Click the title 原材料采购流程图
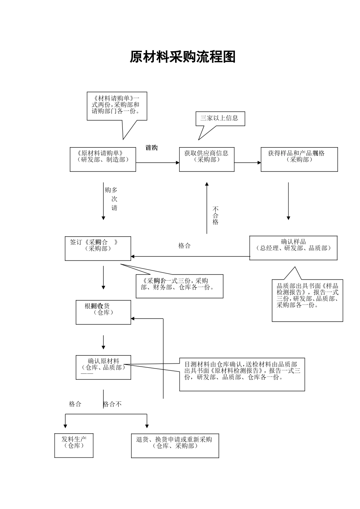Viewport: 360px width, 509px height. click(x=183, y=57)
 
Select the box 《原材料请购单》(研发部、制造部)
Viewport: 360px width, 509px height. click(x=103, y=159)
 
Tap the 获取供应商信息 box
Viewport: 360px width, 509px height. click(x=207, y=159)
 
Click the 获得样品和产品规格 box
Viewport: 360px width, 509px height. click(x=299, y=159)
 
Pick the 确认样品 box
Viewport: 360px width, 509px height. click(x=293, y=248)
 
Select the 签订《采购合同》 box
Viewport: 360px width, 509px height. click(x=98, y=248)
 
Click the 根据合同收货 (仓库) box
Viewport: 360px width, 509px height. click(x=103, y=312)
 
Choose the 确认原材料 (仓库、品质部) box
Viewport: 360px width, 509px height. click(x=103, y=367)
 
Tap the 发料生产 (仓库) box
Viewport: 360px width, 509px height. click(x=74, y=445)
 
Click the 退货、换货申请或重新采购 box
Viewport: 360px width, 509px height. click(x=175, y=445)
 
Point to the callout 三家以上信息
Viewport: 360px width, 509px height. click(x=220, y=119)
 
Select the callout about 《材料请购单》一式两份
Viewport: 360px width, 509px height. click(x=117, y=106)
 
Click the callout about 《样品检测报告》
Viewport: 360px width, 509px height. click(x=307, y=299)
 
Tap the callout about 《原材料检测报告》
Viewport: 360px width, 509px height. click(x=242, y=374)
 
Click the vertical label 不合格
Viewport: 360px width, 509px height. click(x=215, y=215)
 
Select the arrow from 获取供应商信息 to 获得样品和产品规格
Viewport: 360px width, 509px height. click(x=247, y=163)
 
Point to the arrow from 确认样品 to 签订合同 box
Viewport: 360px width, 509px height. click(x=189, y=256)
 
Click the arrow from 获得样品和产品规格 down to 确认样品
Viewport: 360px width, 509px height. click(x=288, y=201)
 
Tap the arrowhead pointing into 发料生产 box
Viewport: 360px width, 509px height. click(x=66, y=425)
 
